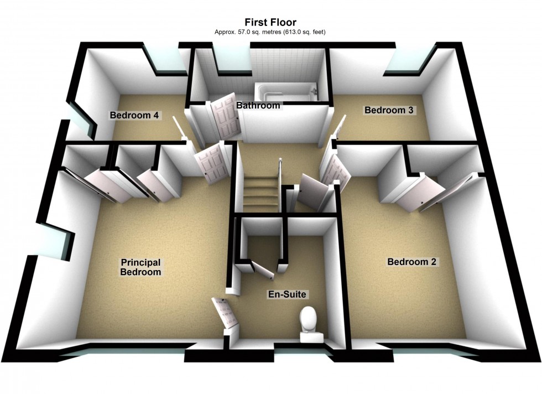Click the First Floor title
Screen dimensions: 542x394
pyautogui.click(x=270, y=23)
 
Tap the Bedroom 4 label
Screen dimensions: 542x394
pyautogui.click(x=134, y=115)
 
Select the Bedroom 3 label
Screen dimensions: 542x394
pyautogui.click(x=389, y=110)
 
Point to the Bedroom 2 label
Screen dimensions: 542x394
pyautogui.click(x=411, y=262)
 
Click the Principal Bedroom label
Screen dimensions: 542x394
pyautogui.click(x=140, y=267)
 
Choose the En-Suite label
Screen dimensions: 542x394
pyautogui.click(x=287, y=294)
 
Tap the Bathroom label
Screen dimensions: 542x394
pyautogui.click(x=258, y=105)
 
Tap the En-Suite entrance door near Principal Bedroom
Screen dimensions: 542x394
pyautogui.click(x=225, y=313)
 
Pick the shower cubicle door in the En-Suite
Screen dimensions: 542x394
pyautogui.click(x=262, y=270)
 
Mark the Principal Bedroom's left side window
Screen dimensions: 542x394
pyautogui.click(x=55, y=240)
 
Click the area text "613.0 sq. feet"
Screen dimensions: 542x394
pyautogui.click(x=304, y=32)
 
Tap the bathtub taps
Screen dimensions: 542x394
pyautogui.click(x=314, y=90)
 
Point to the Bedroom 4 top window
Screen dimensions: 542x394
pyautogui.click(x=166, y=60)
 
